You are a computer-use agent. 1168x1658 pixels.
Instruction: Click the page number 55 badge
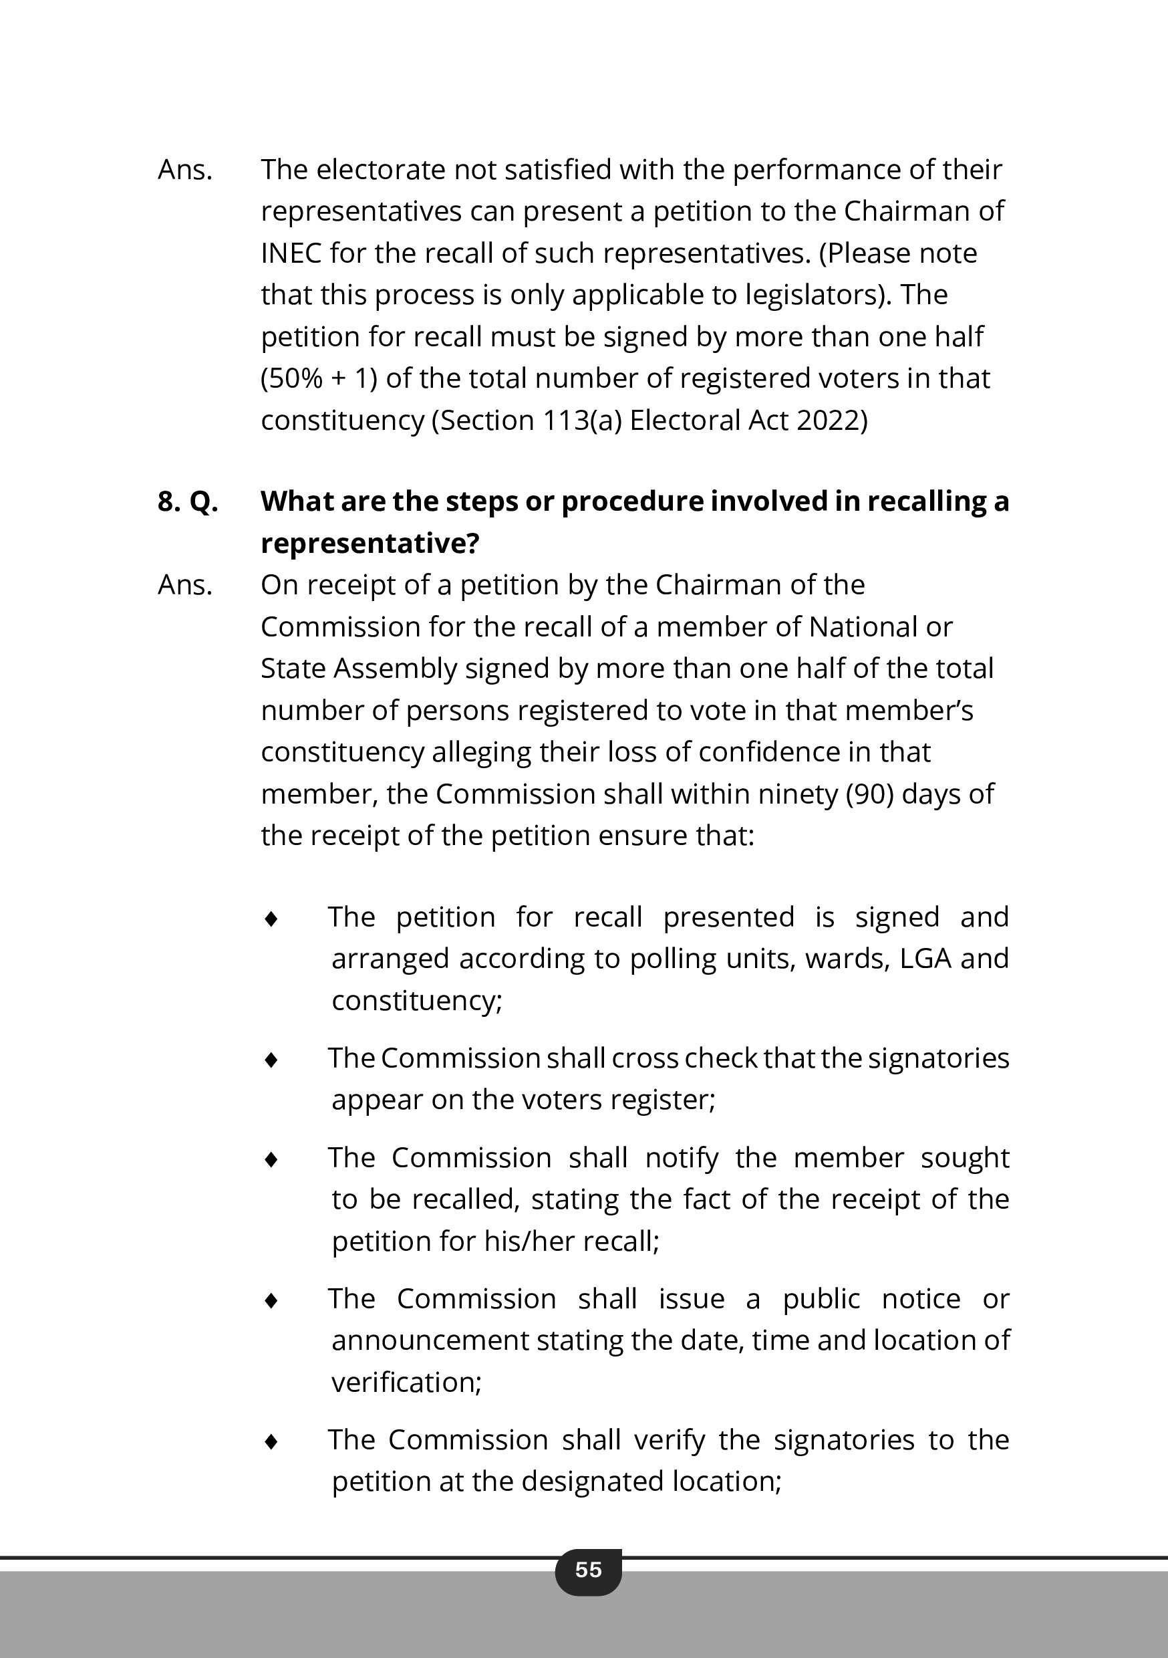click(x=588, y=1570)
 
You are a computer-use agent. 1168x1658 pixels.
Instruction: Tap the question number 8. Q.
click(x=188, y=501)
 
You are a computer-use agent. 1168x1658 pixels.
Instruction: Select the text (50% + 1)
click(x=318, y=378)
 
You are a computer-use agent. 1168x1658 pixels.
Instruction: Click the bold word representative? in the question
click(x=370, y=543)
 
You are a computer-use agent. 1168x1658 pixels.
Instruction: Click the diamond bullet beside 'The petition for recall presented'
click(x=271, y=919)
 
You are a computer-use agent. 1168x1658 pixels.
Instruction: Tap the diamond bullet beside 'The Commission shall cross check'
click(x=271, y=1060)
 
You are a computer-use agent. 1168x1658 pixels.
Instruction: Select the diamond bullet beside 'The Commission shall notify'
click(x=271, y=1159)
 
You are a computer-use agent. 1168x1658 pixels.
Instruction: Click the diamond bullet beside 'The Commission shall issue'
click(x=271, y=1300)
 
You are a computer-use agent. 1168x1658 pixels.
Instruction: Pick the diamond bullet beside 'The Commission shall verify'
click(x=271, y=1441)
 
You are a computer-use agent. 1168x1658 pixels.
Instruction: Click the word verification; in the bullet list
click(x=406, y=1382)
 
